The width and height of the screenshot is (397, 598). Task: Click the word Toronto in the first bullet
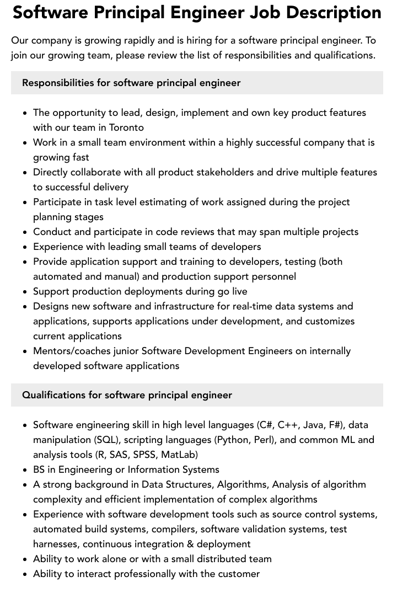click(125, 127)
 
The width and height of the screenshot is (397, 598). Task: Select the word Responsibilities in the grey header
click(58, 83)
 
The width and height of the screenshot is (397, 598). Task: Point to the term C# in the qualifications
click(265, 425)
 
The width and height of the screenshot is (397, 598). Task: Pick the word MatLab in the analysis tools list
click(179, 455)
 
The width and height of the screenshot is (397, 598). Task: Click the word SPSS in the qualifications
click(145, 455)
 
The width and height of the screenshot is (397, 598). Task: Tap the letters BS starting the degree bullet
click(39, 469)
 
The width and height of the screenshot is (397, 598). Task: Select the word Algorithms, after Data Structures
click(242, 484)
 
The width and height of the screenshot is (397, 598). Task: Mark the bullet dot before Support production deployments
click(25, 292)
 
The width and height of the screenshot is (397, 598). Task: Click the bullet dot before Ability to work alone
click(25, 559)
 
